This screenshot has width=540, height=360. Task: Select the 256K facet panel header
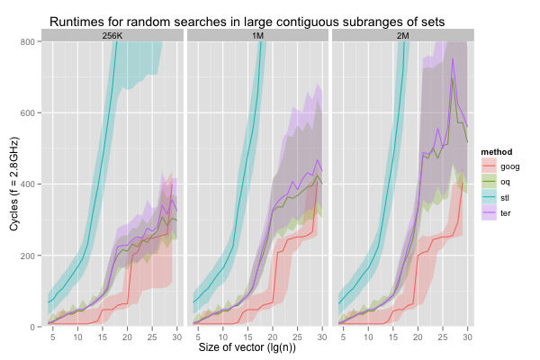[x=113, y=35]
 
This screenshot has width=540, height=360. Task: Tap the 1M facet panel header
[x=258, y=35]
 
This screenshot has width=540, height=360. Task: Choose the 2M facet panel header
[x=404, y=35]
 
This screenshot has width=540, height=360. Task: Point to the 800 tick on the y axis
[x=29, y=42]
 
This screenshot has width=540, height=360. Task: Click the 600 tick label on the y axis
[x=29, y=113]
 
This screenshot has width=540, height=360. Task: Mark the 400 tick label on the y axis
[x=29, y=184]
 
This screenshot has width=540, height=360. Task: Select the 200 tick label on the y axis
[x=29, y=256]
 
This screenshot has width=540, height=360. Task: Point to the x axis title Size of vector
[x=258, y=347]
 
